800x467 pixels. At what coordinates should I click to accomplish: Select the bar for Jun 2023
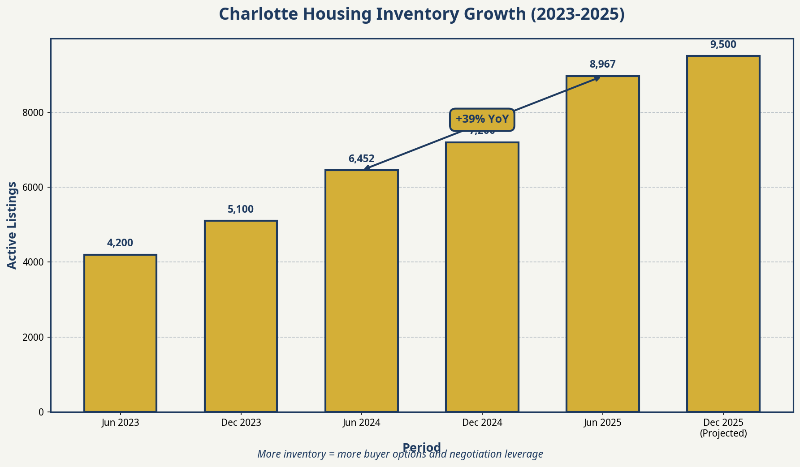[x=120, y=333]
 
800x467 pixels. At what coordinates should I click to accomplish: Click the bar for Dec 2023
[x=241, y=316]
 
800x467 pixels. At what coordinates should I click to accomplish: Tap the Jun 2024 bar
[x=361, y=291]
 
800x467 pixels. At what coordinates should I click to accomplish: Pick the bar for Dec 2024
[x=482, y=277]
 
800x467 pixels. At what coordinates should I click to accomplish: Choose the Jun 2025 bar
[x=602, y=244]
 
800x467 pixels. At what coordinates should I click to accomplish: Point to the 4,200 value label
[x=120, y=243]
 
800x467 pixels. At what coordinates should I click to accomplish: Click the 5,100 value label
[x=241, y=210]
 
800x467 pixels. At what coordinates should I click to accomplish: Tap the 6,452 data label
[x=361, y=159]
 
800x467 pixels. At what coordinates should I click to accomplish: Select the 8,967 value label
[x=602, y=64]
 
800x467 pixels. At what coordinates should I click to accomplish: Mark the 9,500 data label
[x=723, y=45]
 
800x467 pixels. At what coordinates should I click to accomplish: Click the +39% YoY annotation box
[x=482, y=120]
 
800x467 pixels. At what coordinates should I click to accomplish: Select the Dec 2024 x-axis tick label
[x=482, y=423]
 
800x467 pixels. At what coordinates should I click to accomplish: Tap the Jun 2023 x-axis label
[x=120, y=423]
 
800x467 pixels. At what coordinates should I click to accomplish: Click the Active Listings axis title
[x=13, y=225]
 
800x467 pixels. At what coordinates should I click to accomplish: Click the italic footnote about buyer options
[x=400, y=454]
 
